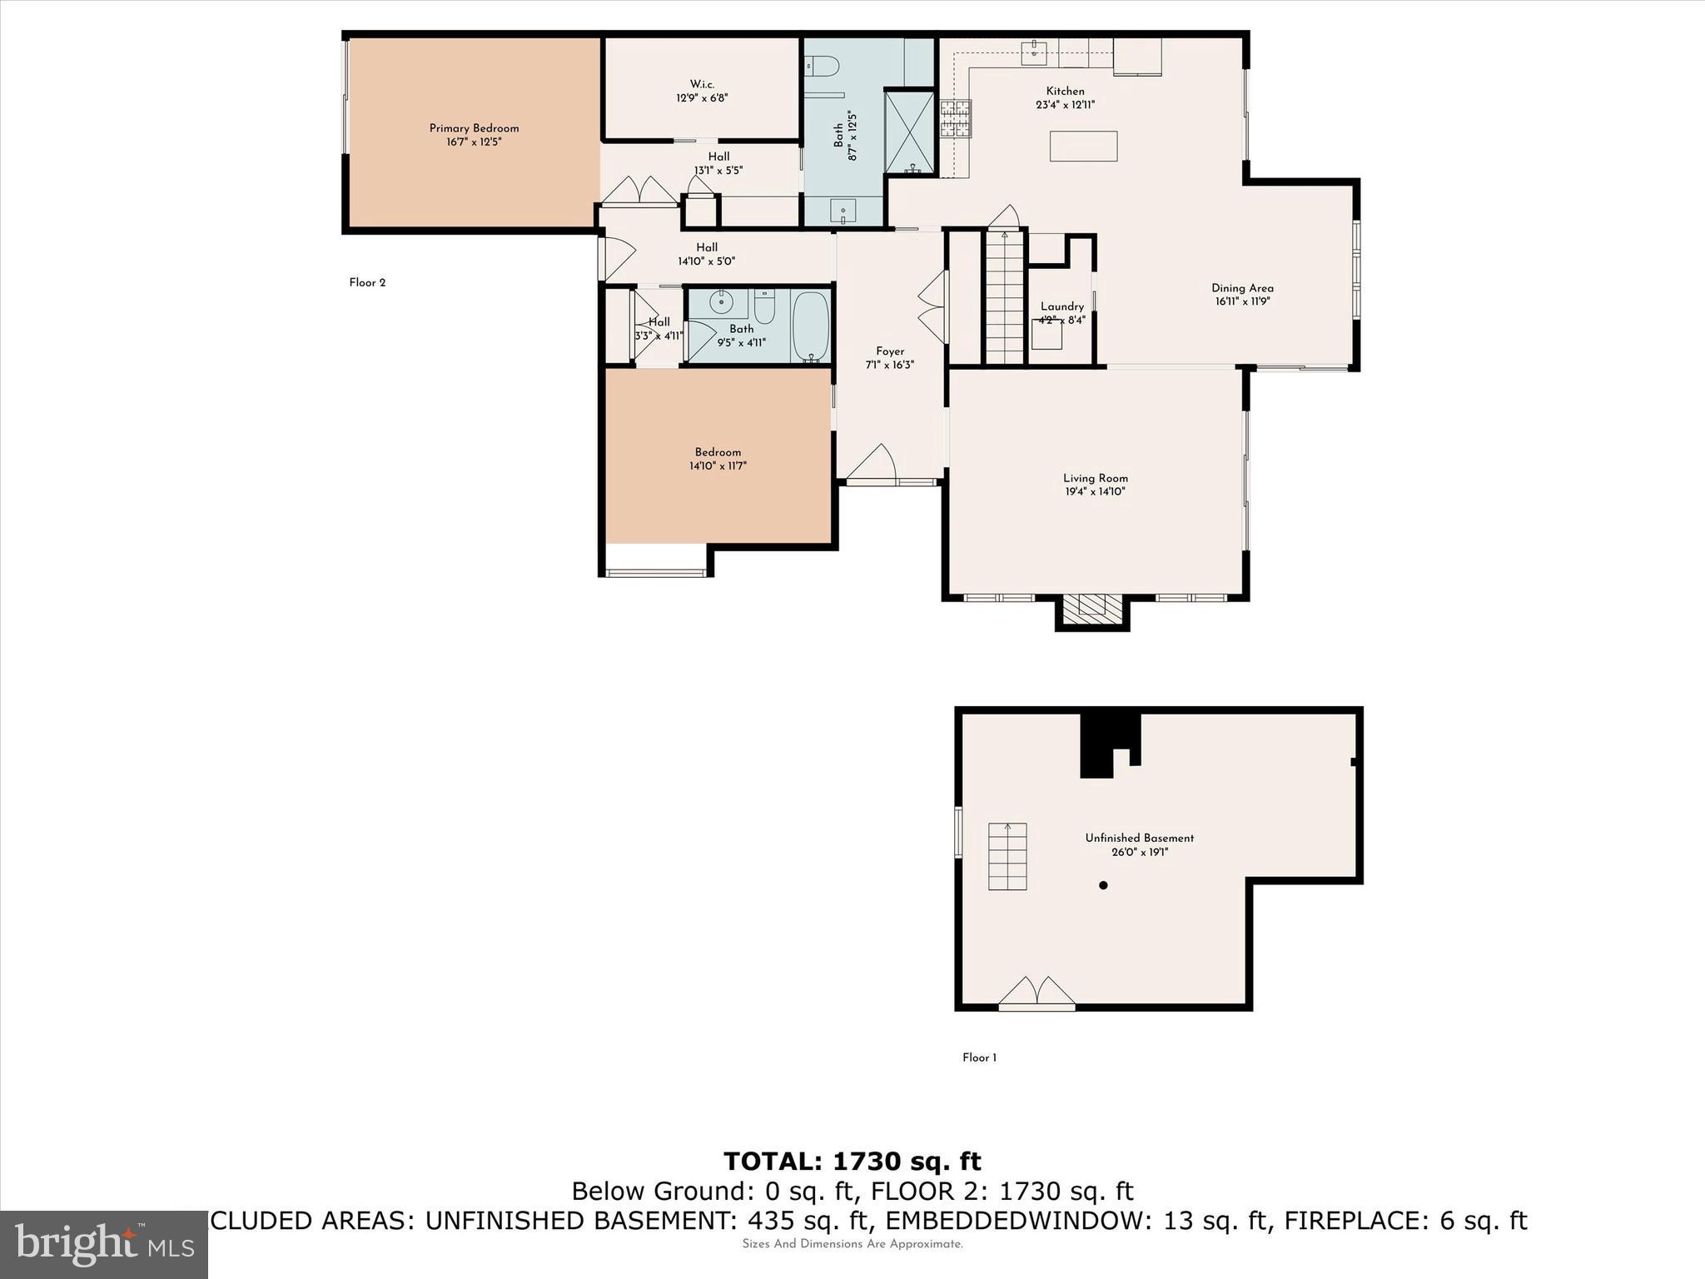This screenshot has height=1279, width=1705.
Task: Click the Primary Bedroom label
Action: pos(474,128)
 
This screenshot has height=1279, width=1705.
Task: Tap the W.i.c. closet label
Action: pos(702,84)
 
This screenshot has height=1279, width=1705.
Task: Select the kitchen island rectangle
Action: pos(1083,146)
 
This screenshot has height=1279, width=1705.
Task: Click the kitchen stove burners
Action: pos(956,118)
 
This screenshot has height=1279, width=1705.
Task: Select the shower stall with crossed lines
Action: pos(910,132)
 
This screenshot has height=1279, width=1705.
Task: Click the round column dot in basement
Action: pos(1103,885)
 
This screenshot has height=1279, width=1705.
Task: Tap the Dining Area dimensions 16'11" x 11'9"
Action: pos(1242,302)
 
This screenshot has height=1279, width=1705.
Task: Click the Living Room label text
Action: pos(1095,478)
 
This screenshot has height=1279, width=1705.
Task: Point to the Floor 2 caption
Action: pos(367,282)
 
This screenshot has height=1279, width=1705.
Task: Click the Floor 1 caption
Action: pos(979,1058)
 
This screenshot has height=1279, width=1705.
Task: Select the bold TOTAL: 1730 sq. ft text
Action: pos(852,1161)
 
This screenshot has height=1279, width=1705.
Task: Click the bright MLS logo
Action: pos(104,1245)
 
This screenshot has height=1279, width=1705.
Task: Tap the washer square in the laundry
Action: pos(1046,333)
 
